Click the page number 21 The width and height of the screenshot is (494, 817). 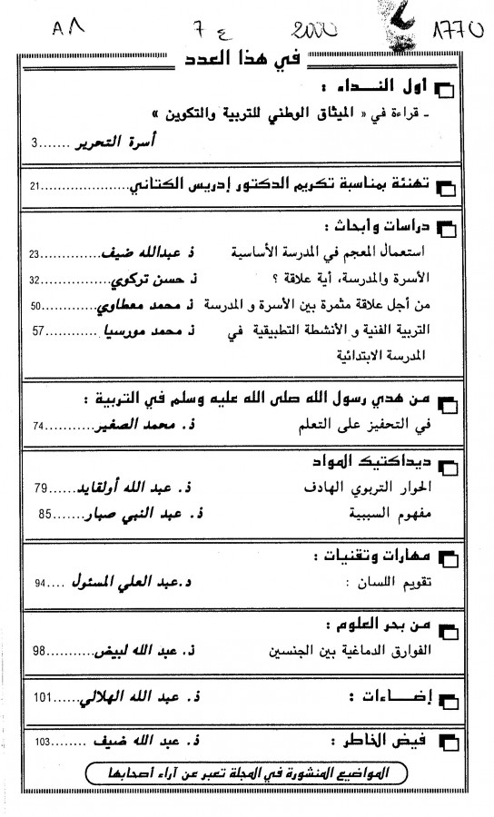point(35,186)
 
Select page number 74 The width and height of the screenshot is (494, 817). point(39,425)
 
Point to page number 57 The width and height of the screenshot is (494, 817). point(40,331)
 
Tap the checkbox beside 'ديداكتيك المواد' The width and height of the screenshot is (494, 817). point(446,467)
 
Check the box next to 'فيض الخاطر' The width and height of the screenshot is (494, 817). point(446,742)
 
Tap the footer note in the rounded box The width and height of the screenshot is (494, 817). point(246,774)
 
